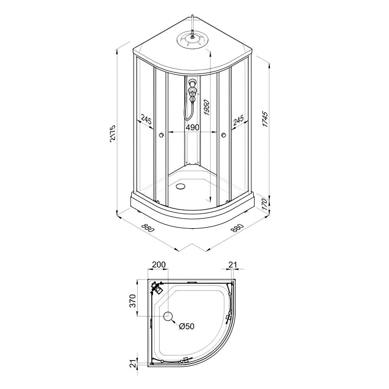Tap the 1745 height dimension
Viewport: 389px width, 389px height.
coord(265,119)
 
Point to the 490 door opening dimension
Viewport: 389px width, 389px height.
coord(193,128)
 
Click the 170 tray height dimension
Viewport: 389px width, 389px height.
coord(265,204)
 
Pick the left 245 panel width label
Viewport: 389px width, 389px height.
coord(146,120)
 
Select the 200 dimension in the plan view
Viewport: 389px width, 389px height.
coord(159,265)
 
